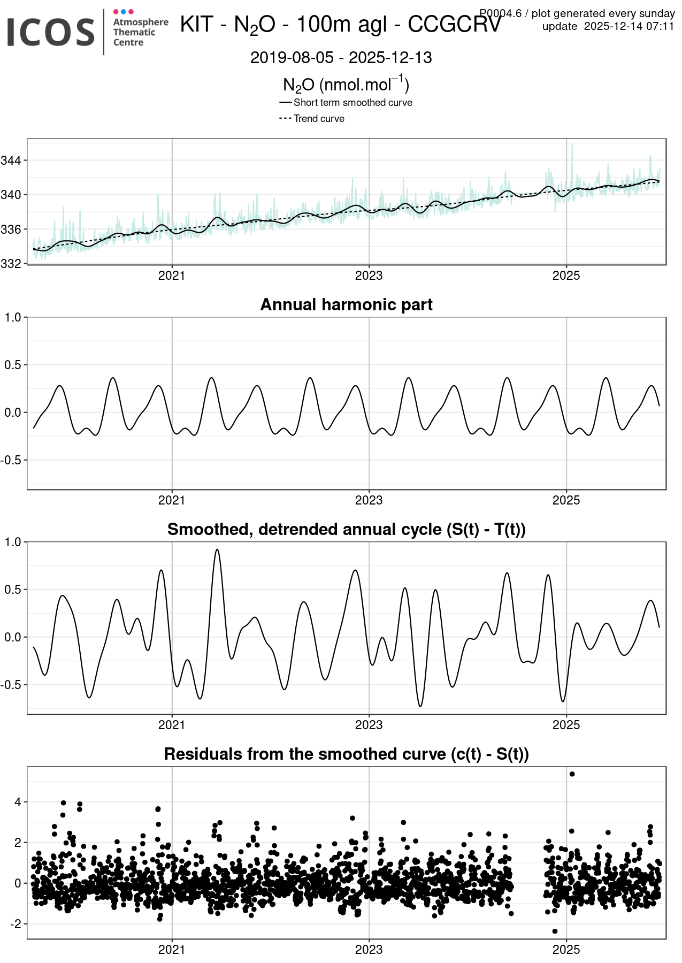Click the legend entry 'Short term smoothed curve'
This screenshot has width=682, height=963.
coord(353,103)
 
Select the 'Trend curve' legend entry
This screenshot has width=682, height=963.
coord(319,119)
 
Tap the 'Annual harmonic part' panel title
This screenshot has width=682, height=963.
coord(346,304)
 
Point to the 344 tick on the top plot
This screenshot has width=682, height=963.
coord(12,160)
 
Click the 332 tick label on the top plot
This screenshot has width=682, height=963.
coord(12,264)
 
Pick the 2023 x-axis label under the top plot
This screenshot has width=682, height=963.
coord(369,276)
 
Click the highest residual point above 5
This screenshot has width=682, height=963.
coord(572,774)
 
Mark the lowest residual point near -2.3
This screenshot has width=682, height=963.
coord(555,931)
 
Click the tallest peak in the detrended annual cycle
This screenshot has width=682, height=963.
coord(217,549)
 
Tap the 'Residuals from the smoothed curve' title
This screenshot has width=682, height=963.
coord(346,754)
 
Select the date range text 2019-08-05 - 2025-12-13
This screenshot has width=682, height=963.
coord(341,58)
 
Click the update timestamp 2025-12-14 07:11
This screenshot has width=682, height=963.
coord(629,26)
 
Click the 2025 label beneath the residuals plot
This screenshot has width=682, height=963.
coord(566,950)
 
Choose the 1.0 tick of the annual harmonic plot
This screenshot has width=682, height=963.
coord(13,317)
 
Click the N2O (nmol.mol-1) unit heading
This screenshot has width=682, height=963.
coord(346,85)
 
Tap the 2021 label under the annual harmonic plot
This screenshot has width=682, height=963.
coord(172,500)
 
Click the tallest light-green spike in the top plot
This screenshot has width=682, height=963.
coord(572,144)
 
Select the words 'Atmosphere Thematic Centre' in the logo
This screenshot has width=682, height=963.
coord(140,32)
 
